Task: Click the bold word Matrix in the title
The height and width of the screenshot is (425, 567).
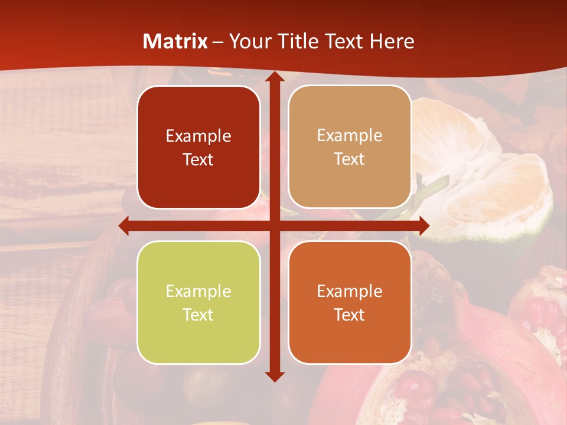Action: pyautogui.click(x=175, y=41)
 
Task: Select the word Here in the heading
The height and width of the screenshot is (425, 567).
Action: pyautogui.click(x=392, y=41)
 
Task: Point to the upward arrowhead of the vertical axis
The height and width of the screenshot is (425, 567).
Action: pyautogui.click(x=275, y=77)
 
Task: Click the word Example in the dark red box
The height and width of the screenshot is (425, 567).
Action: pyautogui.click(x=198, y=136)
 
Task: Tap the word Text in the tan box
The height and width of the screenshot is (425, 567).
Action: pyautogui.click(x=350, y=159)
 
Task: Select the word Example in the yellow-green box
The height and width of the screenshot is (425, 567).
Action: pyautogui.click(x=198, y=292)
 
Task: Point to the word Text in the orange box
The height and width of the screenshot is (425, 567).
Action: pyautogui.click(x=350, y=315)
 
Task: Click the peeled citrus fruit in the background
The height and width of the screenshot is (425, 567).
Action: pyautogui.click(x=484, y=177)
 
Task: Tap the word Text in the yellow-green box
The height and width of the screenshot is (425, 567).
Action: pyautogui.click(x=198, y=315)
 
